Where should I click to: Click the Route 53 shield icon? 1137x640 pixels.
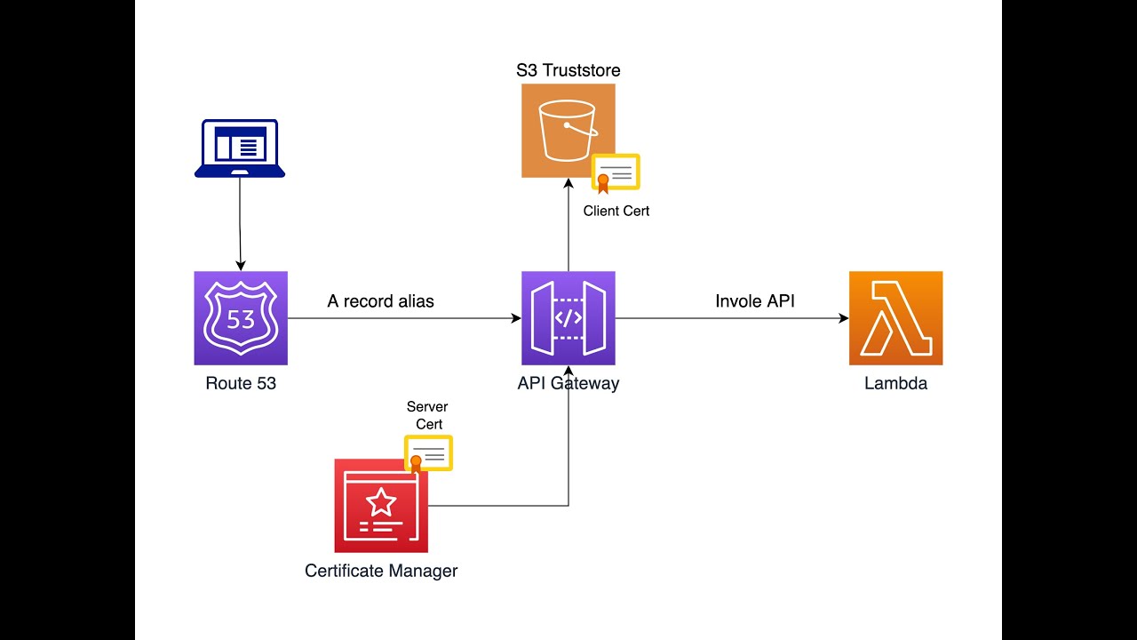pyautogui.click(x=241, y=318)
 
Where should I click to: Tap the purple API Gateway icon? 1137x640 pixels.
pyautogui.click(x=568, y=318)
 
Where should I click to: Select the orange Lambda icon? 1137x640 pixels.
pyautogui.click(x=896, y=318)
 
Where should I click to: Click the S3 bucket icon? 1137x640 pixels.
pyautogui.click(x=568, y=131)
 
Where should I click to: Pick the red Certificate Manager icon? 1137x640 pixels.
pyautogui.click(x=381, y=506)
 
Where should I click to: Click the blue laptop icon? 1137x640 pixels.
pyautogui.click(x=240, y=148)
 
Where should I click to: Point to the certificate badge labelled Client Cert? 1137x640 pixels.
pyautogui.click(x=616, y=173)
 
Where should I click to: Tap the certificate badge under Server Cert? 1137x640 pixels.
pyautogui.click(x=428, y=454)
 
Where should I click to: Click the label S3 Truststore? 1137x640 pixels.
pyautogui.click(x=568, y=70)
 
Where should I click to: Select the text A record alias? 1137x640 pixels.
pyautogui.click(x=381, y=301)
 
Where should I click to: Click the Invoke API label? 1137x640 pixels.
pyautogui.click(x=755, y=301)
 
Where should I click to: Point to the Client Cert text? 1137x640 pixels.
pyautogui.click(x=616, y=211)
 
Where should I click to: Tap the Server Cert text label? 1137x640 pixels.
pyautogui.click(x=427, y=415)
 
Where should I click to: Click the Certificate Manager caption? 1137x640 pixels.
pyautogui.click(x=381, y=571)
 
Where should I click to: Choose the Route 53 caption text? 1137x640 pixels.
pyautogui.click(x=241, y=383)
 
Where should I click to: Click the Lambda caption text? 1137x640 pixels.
pyautogui.click(x=896, y=383)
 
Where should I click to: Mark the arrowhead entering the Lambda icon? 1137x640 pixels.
pyautogui.click(x=844, y=318)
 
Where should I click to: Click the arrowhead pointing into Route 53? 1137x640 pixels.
pyautogui.click(x=241, y=266)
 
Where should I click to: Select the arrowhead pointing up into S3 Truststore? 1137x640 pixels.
pyautogui.click(x=568, y=183)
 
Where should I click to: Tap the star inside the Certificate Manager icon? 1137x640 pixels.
pyautogui.click(x=381, y=502)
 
